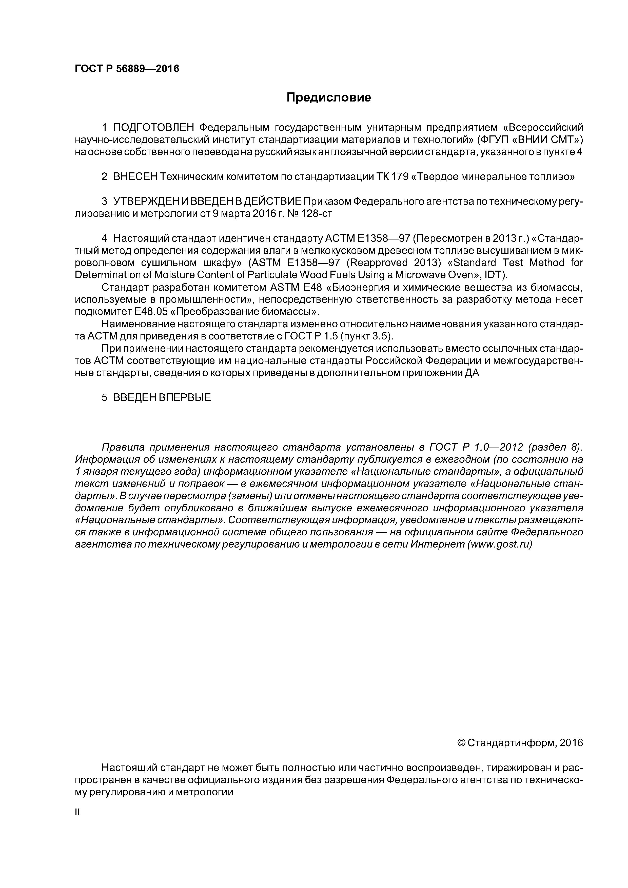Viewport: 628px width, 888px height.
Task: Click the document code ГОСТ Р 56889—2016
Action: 127,69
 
